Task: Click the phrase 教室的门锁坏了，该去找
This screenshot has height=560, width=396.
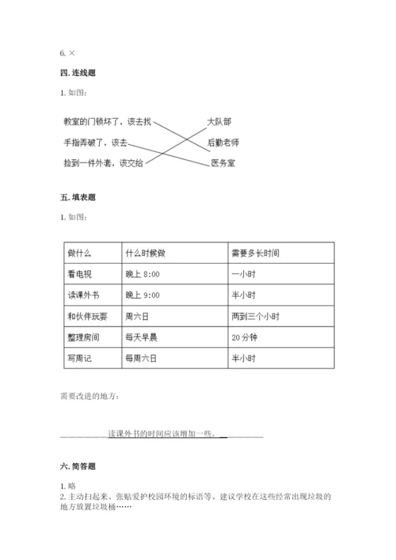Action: click(106, 121)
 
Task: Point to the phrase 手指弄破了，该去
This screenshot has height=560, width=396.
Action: click(95, 143)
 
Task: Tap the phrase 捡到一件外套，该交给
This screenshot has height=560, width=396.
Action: click(104, 163)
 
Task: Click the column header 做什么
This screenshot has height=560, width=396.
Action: click(80, 253)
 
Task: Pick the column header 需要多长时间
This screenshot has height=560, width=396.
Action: click(255, 253)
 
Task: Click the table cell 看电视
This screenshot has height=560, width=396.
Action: click(80, 274)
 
